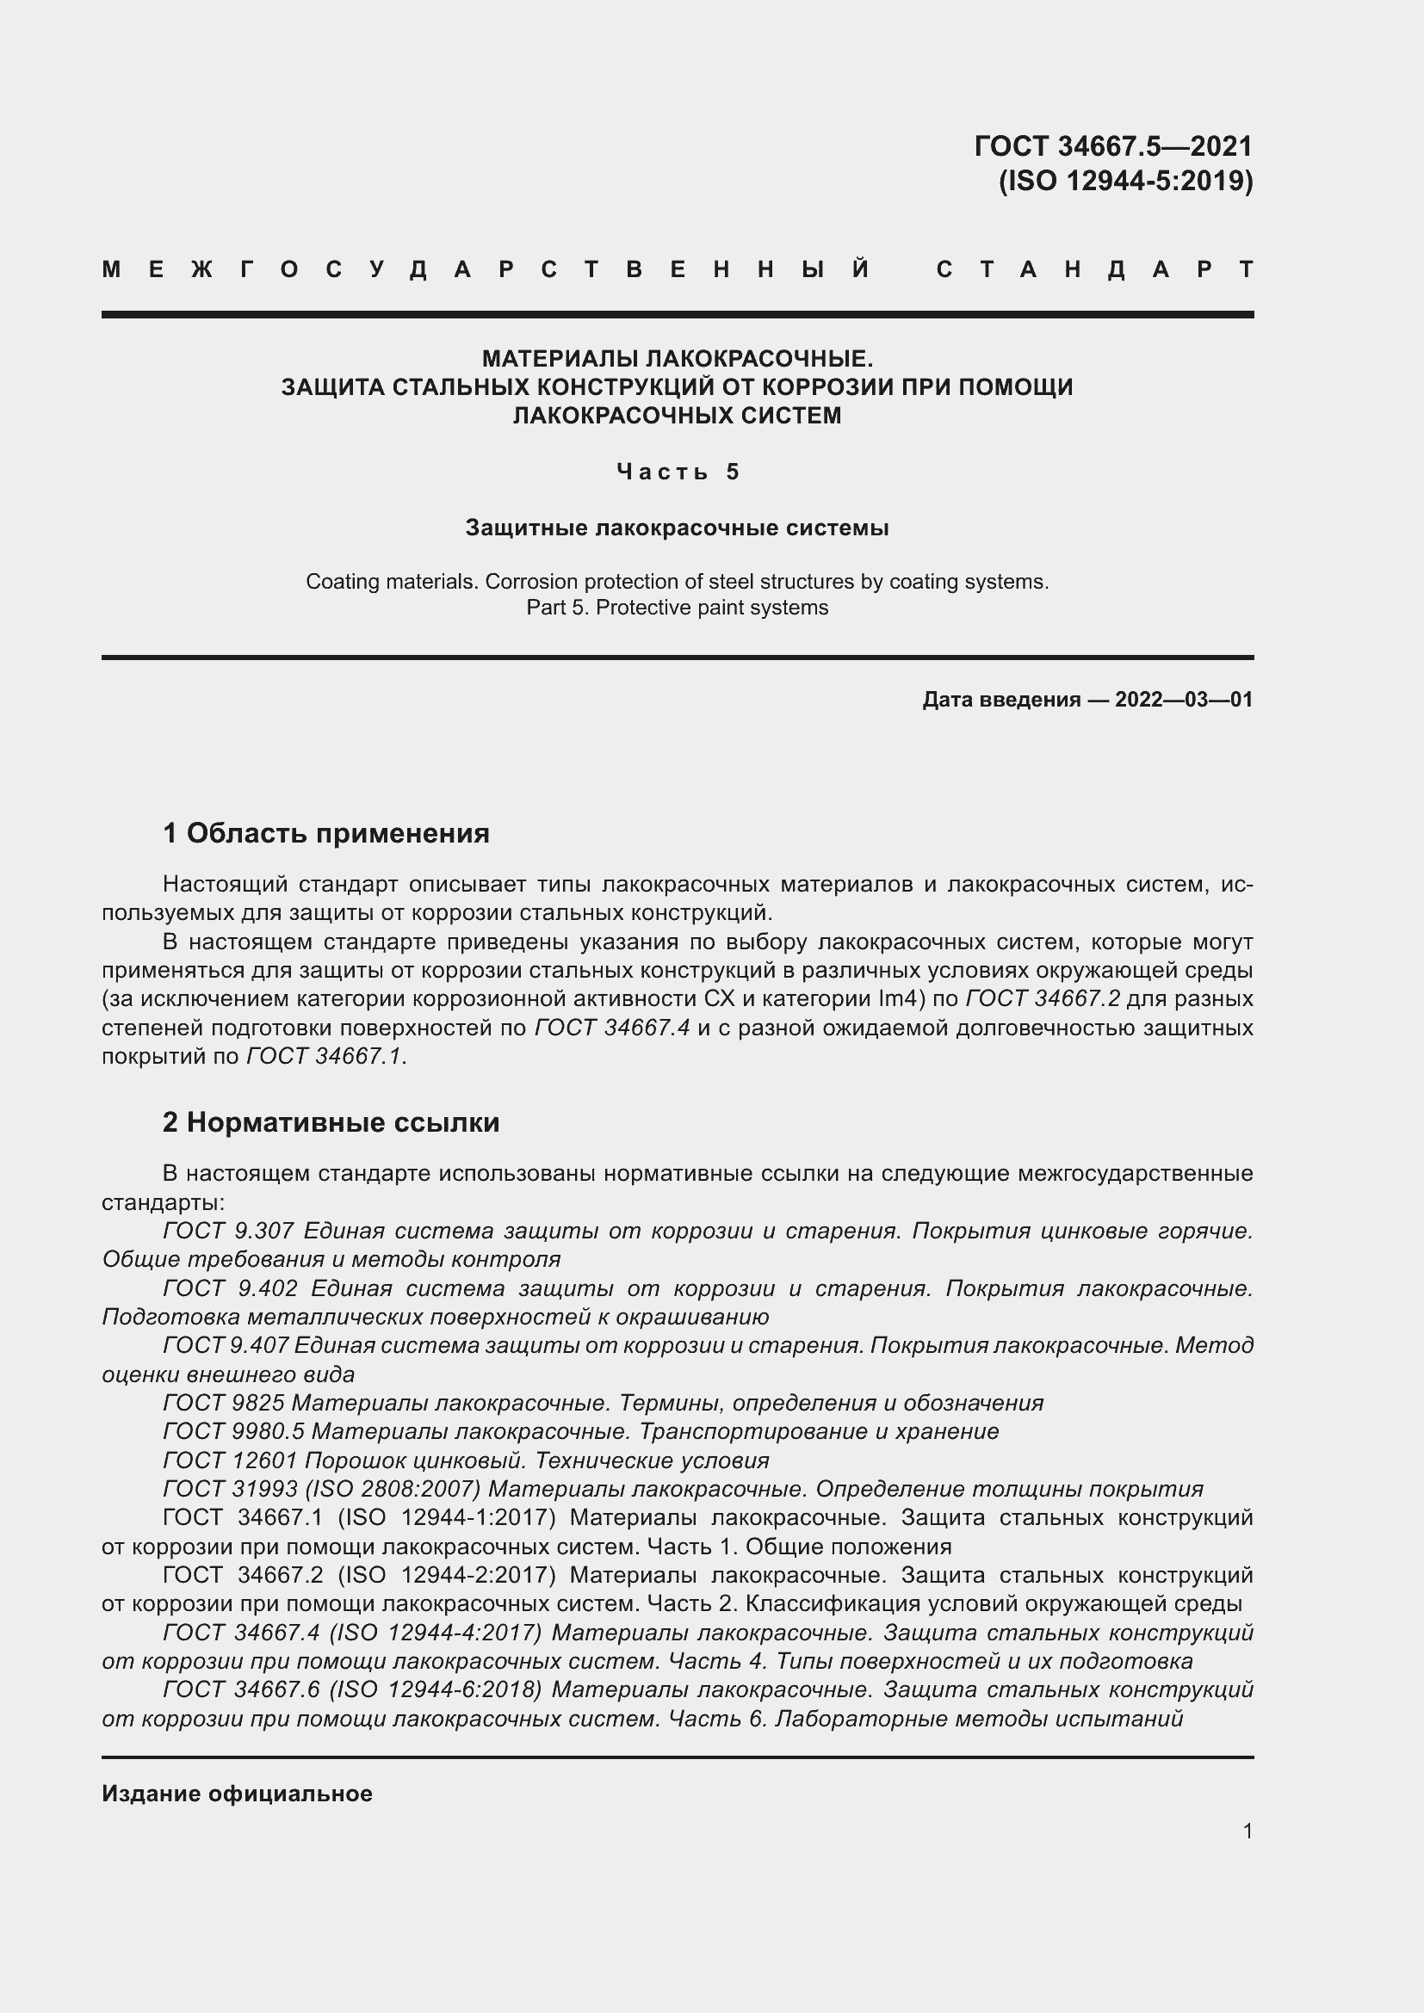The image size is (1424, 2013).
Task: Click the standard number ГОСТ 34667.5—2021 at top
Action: tap(1112, 145)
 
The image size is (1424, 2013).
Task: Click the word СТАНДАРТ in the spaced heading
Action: tap(1095, 270)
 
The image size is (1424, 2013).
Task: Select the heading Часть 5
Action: tap(678, 472)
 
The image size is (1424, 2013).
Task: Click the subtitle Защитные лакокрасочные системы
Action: tap(677, 528)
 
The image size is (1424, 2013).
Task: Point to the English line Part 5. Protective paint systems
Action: tap(677, 608)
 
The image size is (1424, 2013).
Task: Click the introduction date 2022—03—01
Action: tap(1183, 700)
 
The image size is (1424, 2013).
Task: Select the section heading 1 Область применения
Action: tap(326, 833)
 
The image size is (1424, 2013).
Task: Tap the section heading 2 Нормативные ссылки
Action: tap(331, 1122)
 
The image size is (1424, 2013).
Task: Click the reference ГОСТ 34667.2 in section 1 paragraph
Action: tap(1043, 998)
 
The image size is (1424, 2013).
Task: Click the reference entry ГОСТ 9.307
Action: tap(230, 1231)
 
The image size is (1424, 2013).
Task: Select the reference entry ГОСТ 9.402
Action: tap(230, 1289)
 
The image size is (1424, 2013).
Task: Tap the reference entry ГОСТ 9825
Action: tap(224, 1403)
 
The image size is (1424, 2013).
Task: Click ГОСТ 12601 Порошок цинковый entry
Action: tap(465, 1460)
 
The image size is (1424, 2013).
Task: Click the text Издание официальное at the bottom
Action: tap(237, 1794)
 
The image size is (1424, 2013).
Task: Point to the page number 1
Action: tap(1247, 1831)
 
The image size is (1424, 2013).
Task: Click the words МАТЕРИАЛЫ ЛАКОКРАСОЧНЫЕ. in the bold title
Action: tap(677, 359)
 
